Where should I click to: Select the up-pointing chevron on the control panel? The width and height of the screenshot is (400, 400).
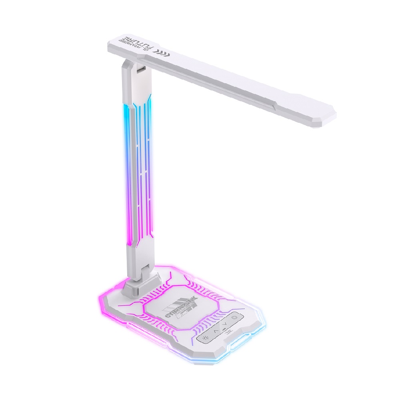click(216, 331)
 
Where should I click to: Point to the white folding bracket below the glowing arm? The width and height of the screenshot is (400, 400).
click(138, 256)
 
